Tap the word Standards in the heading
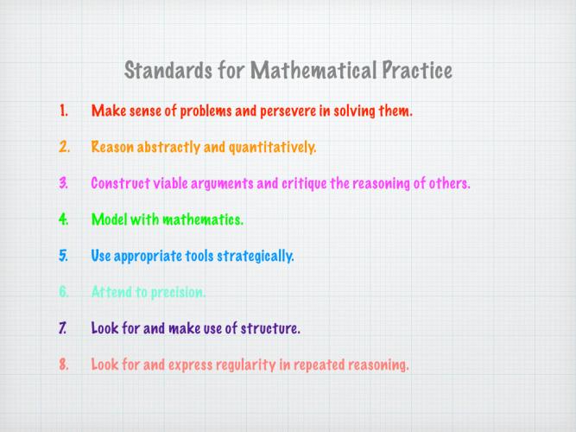point(168,70)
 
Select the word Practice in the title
point(417,70)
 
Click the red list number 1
point(64,111)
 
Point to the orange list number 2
point(64,147)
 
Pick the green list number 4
point(64,219)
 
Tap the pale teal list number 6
point(64,292)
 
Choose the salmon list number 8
point(64,365)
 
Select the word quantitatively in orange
point(272,148)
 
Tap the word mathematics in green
point(203,219)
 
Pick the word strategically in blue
point(256,257)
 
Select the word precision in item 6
point(178,293)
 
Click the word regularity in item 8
point(246,365)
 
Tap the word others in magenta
point(449,183)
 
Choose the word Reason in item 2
point(112,147)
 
